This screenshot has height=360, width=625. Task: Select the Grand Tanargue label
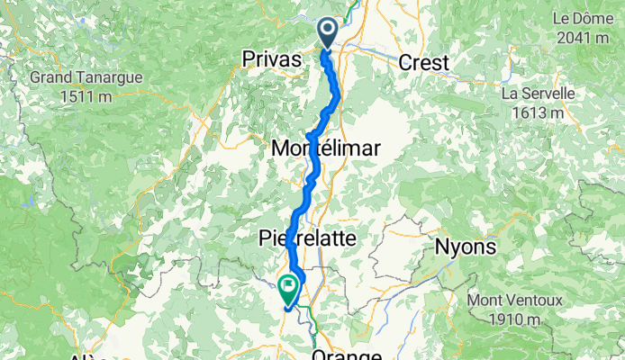tap(86, 77)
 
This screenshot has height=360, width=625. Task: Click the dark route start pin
tap(327, 32)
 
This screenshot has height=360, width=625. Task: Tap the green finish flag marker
tap(289, 289)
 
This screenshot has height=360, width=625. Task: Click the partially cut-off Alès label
tap(86, 356)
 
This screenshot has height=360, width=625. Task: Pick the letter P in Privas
tap(249, 58)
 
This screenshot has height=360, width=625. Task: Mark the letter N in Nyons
tap(443, 247)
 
